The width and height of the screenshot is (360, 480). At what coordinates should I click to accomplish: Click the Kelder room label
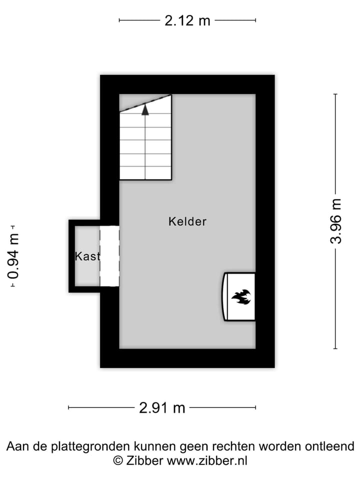[x=187, y=221]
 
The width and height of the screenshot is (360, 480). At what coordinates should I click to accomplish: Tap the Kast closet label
[x=87, y=256]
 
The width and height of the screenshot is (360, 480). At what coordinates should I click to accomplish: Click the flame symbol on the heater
[x=240, y=297]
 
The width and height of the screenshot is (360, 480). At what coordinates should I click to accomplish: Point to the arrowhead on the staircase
[x=145, y=109]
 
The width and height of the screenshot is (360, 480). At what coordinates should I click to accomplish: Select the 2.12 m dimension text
[x=187, y=20]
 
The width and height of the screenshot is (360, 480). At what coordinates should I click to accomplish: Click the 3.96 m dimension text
[x=336, y=221]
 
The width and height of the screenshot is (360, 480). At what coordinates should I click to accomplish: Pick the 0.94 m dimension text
[x=13, y=256]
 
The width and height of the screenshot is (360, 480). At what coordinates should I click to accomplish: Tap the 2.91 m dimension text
[x=162, y=408]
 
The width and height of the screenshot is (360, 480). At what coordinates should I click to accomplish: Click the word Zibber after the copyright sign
[x=144, y=460]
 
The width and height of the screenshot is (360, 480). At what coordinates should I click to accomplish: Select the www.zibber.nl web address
[x=207, y=460]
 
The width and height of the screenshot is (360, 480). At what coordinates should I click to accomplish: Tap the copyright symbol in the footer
[x=118, y=460]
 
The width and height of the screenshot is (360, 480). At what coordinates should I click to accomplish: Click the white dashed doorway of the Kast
[x=109, y=256]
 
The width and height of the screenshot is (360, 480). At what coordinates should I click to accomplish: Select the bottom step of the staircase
[x=145, y=173]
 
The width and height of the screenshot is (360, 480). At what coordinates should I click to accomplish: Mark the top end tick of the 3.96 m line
[x=335, y=94]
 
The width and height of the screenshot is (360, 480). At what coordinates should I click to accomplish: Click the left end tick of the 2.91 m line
[x=68, y=408]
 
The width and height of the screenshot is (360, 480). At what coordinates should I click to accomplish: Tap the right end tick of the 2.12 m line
[x=255, y=20]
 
